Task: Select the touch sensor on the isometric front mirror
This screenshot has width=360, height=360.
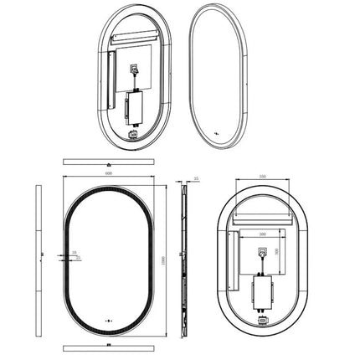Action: click(217, 131)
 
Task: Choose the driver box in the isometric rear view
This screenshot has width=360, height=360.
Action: click(136, 107)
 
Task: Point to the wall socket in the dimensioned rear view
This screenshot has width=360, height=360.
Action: click(262, 250)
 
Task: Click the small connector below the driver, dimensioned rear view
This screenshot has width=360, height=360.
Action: click(262, 319)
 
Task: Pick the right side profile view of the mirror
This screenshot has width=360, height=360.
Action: click(186, 260)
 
